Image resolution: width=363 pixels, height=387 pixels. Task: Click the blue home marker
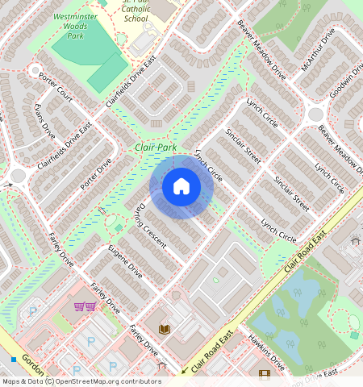pyautogui.click(x=181, y=187)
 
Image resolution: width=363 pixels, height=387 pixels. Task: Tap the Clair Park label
pyautogui.click(x=156, y=148)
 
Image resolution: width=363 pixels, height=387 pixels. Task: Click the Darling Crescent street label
pyautogui.click(x=150, y=225)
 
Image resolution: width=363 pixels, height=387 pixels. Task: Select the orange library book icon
pyautogui.click(x=165, y=329)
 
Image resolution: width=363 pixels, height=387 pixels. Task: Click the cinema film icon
pyautogui.click(x=265, y=373)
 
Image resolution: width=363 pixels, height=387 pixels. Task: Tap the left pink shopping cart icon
pyautogui.click(x=79, y=306)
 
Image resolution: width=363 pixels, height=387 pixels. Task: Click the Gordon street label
pyautogui.click(x=32, y=360)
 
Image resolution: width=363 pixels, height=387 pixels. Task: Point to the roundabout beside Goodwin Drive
pyautogui.click(x=315, y=114)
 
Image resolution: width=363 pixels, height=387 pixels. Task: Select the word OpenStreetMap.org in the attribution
pyautogui.click(x=97, y=382)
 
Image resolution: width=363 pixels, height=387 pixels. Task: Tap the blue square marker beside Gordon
pyautogui.click(x=13, y=358)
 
